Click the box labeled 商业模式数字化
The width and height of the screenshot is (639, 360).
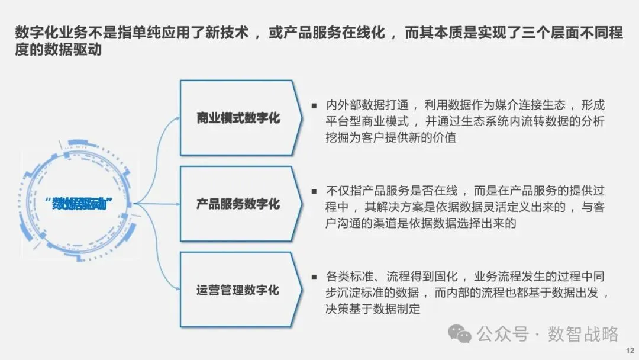[238, 118]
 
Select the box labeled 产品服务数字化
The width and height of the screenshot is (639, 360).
[238, 204]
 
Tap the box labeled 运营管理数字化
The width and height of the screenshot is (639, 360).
[238, 290]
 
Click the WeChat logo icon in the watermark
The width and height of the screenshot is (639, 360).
[460, 335]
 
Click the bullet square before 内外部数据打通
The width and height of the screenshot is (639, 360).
[314, 105]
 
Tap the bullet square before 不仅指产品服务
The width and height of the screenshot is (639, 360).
[314, 191]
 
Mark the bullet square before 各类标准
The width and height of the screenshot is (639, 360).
[314, 277]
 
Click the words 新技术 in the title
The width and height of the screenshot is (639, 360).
[230, 33]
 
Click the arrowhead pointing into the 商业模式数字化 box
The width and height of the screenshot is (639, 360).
[177, 118]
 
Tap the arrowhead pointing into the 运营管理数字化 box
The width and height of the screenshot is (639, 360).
[177, 290]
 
